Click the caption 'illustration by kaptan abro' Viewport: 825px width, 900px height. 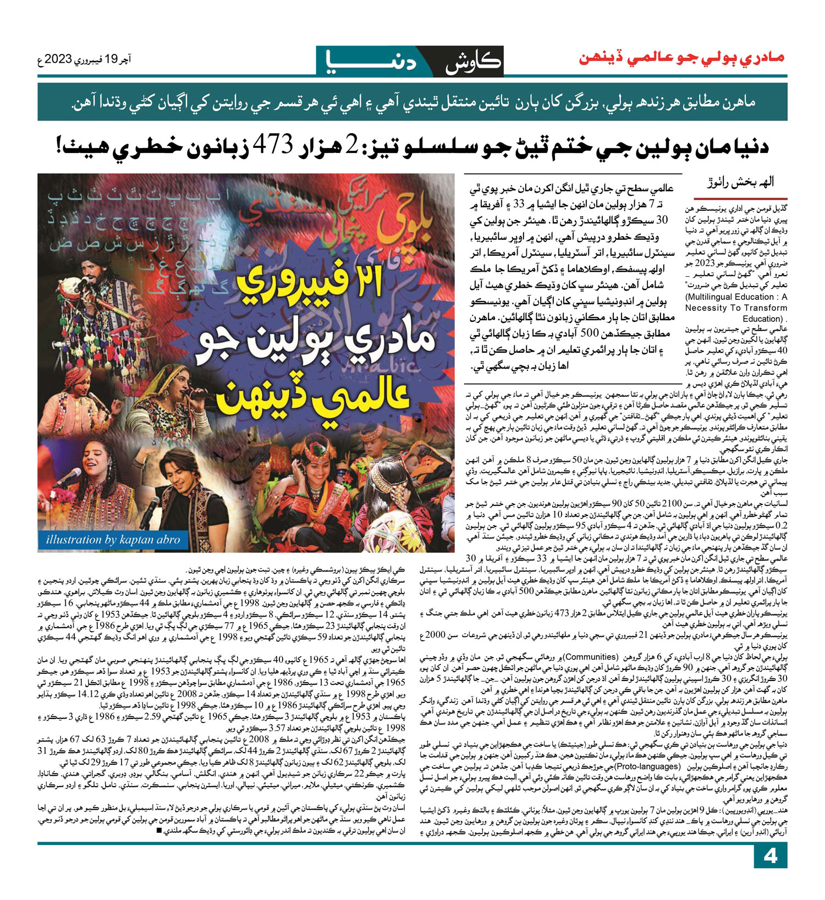113,540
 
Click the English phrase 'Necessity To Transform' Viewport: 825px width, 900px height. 736,308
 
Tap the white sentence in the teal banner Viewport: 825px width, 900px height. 413,102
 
